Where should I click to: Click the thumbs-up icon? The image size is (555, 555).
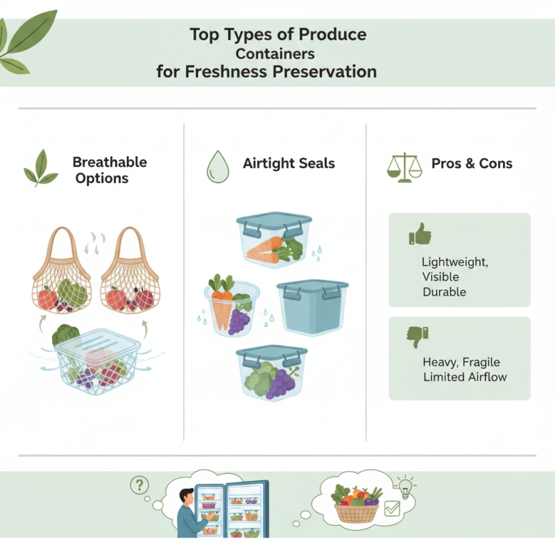[x=420, y=235]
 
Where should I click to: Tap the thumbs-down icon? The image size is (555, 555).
[x=418, y=337]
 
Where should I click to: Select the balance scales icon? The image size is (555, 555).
[x=404, y=165]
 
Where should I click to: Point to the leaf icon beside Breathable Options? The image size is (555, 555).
[x=40, y=169]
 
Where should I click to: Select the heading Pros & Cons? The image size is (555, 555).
[x=472, y=164]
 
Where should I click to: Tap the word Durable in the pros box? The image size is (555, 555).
[x=444, y=292]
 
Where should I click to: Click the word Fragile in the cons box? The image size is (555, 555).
[x=480, y=362]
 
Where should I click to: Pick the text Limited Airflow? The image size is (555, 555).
[x=464, y=377]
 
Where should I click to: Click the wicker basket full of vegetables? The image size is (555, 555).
[x=356, y=506]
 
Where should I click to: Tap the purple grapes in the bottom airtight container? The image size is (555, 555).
[x=281, y=383]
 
